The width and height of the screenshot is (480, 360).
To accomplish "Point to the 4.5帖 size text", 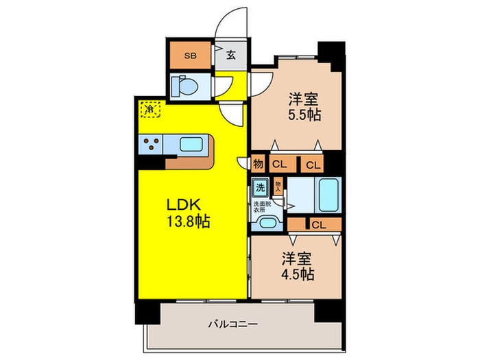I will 297,274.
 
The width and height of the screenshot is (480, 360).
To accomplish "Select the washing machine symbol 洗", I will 261,187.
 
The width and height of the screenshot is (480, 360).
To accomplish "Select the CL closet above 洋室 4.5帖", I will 317,224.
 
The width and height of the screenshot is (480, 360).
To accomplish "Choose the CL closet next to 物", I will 279,164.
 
